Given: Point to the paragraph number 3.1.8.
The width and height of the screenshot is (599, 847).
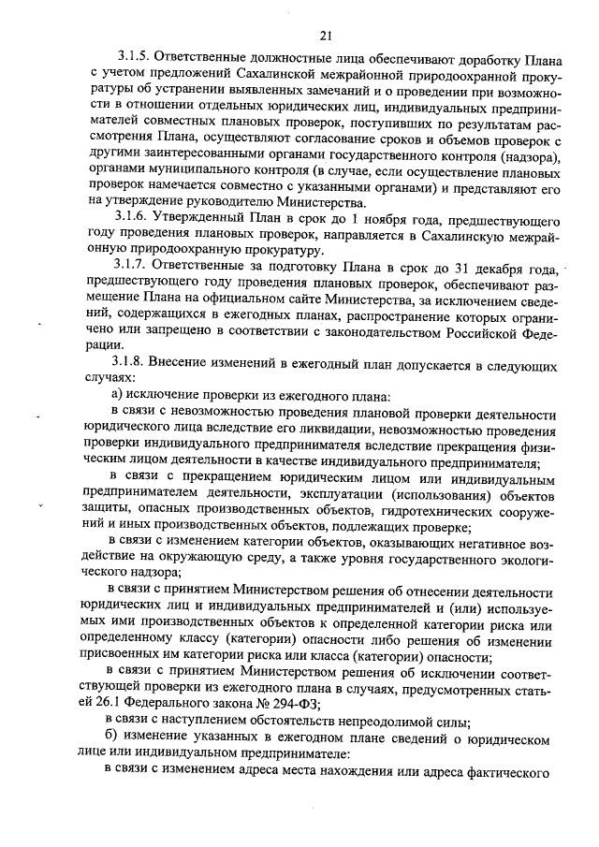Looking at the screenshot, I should click(132, 363).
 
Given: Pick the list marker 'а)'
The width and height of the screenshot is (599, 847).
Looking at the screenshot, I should click(119, 397).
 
